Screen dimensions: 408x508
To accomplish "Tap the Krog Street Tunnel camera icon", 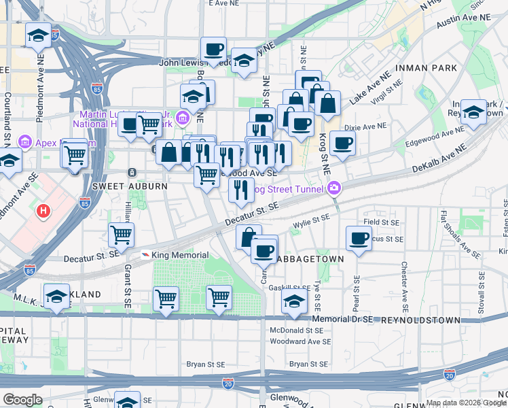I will pyautogui.click(x=333, y=188).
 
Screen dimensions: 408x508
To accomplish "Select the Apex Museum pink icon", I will pyautogui.click(x=25, y=141).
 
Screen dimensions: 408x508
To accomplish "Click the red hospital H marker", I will pyautogui.click(x=44, y=211).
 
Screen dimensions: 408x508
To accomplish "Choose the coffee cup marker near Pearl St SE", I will pyautogui.click(x=358, y=238).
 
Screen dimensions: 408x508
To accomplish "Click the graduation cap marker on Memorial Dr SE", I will pyautogui.click(x=295, y=303).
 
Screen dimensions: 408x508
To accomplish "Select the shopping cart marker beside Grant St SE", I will pyautogui.click(x=121, y=235).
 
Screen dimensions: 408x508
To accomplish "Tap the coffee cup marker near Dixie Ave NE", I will pyautogui.click(x=343, y=143).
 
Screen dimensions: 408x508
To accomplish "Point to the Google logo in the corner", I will pyautogui.click(x=22, y=400).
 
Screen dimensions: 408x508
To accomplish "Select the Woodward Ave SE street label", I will pyautogui.click(x=300, y=342).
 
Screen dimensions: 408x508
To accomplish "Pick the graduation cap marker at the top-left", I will pyautogui.click(x=39, y=35).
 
